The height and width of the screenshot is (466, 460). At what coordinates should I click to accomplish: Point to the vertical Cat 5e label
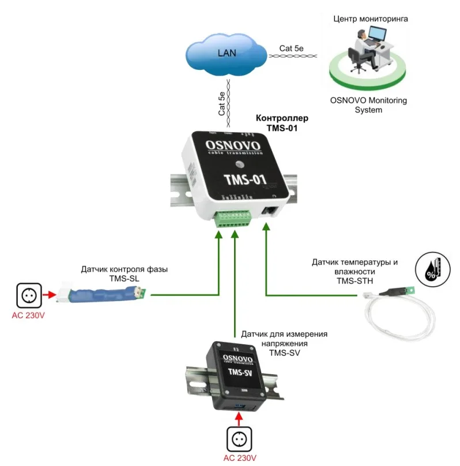tap(221, 104)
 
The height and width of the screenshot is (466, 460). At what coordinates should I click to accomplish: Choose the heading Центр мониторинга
tap(371, 18)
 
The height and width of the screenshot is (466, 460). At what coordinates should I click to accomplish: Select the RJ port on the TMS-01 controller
tap(269, 211)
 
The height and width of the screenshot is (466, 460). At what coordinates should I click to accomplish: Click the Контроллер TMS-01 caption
tap(282, 123)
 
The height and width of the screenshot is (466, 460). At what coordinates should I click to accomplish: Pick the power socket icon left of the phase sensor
tap(28, 296)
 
